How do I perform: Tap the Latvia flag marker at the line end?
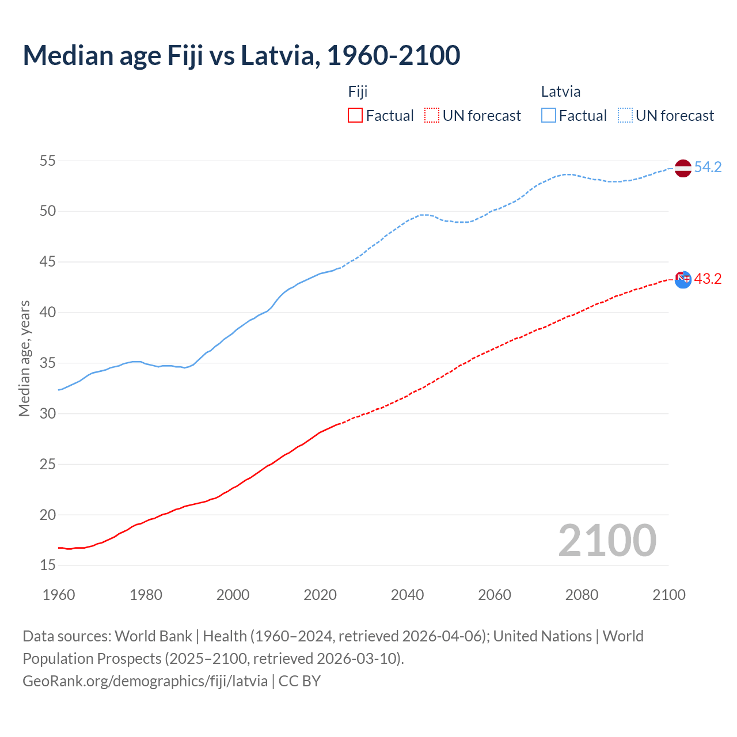coord(683,168)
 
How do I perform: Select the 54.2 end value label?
coord(708,168)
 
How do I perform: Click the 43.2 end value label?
coord(708,279)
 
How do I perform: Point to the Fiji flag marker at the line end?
coord(683,280)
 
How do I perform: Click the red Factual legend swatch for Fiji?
coord(355,116)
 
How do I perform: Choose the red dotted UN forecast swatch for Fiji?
coord(432,116)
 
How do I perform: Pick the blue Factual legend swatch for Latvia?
coord(549,116)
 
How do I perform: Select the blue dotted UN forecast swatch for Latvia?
coord(625,116)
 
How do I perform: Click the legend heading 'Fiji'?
coord(358,92)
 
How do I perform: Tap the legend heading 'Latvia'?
coord(561,92)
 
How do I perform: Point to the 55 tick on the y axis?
coord(48,161)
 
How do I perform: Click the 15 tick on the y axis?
coord(48,565)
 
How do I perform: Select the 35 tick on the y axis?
coord(48,363)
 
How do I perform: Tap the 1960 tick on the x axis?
coord(59,595)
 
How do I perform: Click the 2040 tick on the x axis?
coord(407,595)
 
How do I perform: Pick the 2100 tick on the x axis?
coord(669,595)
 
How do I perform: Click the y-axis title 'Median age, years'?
coord(24,358)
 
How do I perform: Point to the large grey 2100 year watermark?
coord(607,541)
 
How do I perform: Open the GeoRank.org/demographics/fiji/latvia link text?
coord(145,681)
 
